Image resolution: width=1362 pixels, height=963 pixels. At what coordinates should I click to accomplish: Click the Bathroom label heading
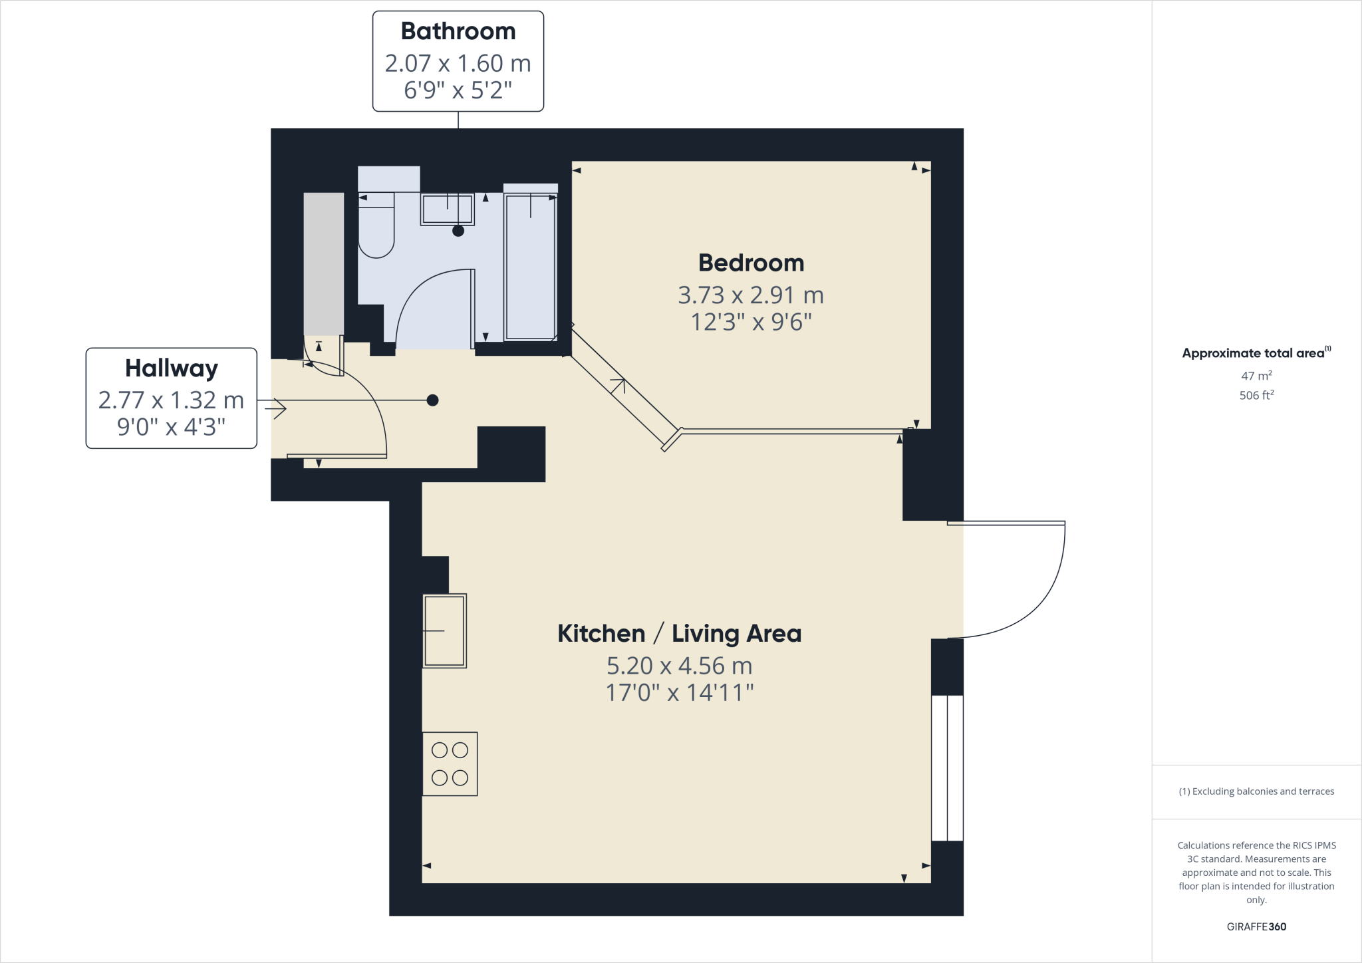pos(458,31)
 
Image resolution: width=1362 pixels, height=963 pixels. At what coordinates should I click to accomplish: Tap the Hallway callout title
pos(171,368)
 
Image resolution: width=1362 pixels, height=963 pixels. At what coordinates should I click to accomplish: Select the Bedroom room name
pos(751,263)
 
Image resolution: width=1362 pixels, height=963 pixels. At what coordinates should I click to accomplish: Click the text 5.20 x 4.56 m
pos(679,665)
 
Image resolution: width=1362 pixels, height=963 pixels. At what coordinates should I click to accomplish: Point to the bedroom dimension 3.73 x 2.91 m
pos(751,295)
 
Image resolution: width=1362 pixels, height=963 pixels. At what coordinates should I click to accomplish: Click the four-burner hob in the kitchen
pos(450,763)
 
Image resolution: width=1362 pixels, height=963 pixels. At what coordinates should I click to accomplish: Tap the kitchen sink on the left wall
pos(444,630)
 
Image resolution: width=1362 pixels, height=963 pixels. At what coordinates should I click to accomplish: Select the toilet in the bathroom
pos(376,226)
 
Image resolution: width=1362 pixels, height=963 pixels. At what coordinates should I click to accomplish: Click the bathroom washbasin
pos(447,209)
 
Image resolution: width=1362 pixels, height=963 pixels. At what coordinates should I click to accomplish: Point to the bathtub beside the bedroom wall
pos(530,266)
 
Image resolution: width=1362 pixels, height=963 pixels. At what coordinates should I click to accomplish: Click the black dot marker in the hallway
pos(432,400)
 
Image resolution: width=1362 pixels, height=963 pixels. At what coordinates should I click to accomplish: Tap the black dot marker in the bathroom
pos(458,231)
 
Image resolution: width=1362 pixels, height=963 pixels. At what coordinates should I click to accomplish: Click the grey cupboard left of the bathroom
pos(324,264)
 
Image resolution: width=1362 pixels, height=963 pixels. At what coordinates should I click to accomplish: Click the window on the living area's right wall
pos(947,768)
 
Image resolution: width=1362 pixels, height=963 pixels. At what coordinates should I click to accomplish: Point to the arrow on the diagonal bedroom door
pos(618,385)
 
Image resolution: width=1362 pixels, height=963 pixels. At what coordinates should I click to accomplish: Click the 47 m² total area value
pos(1256,376)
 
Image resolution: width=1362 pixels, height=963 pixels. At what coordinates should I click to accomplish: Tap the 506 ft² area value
pos(1256,395)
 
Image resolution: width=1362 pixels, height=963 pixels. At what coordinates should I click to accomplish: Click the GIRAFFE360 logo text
pos(1256,926)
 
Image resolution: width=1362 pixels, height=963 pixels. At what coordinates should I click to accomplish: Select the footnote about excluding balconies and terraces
pos(1256,791)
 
